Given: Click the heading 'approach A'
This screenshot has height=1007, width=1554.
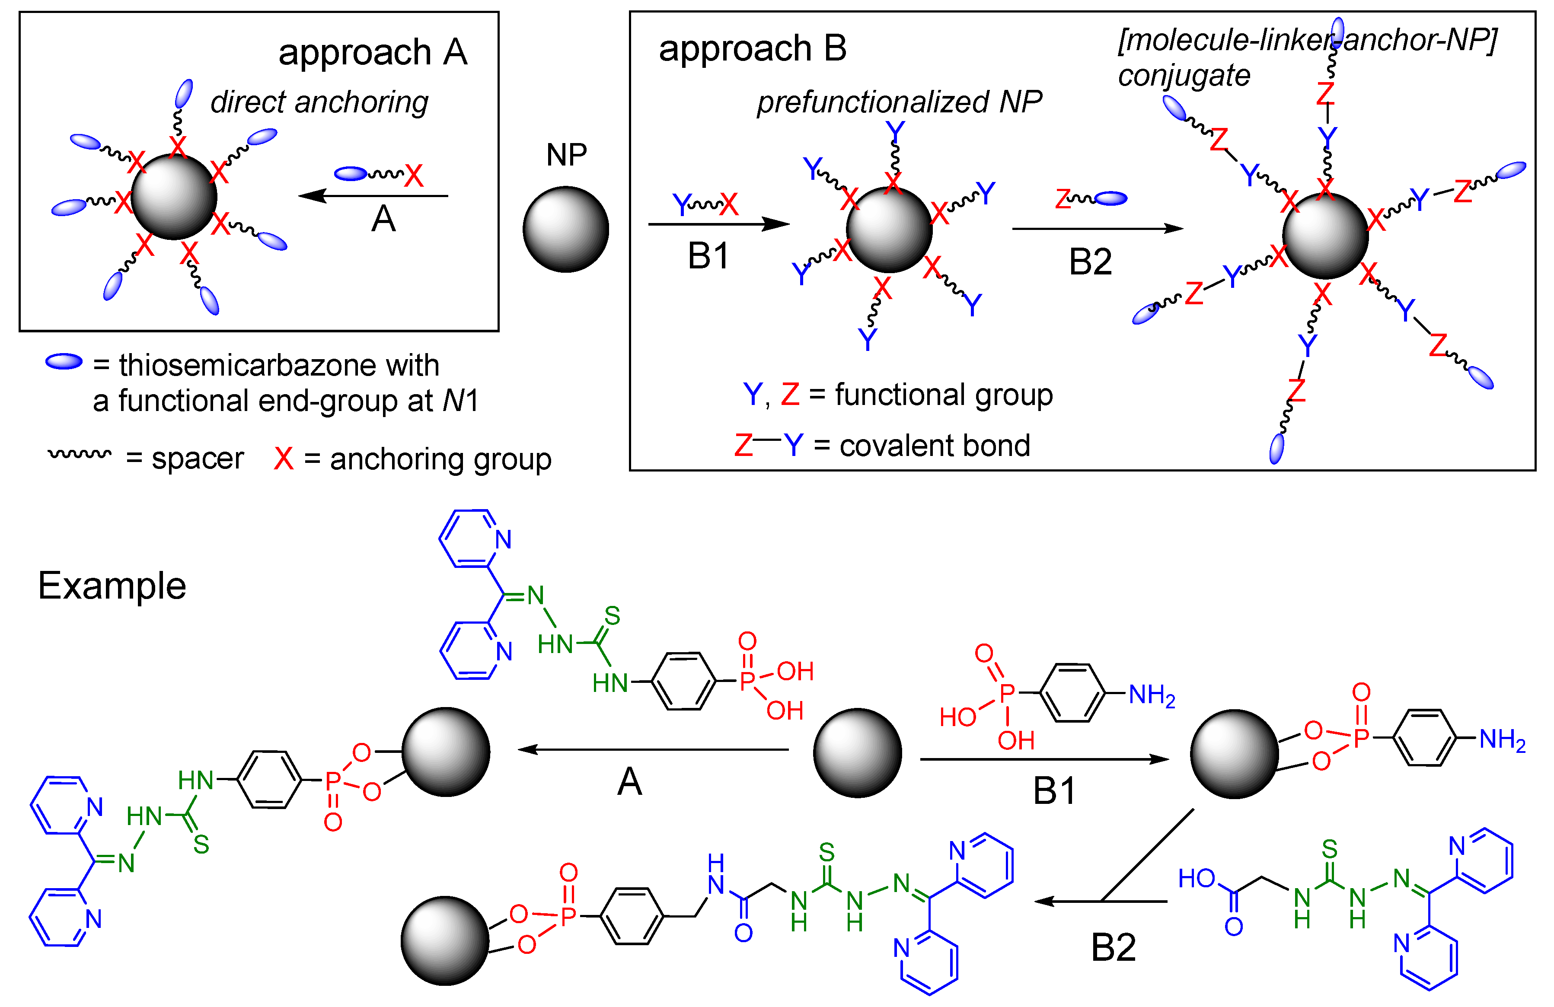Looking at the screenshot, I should [372, 52].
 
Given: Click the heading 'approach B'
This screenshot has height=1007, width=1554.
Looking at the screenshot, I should [752, 48].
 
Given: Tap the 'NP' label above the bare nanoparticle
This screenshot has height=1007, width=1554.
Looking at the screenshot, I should [566, 155].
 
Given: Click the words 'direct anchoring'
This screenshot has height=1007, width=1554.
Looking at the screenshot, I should [319, 102].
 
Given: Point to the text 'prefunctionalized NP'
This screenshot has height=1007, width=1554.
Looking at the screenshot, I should [899, 102].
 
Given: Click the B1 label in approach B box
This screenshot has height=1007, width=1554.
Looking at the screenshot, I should [708, 256].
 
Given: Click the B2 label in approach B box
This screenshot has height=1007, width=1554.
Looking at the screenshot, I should [1090, 262].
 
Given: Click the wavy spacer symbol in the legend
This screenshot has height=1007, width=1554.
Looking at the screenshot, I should [80, 453].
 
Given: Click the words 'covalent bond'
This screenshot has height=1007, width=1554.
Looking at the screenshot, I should [935, 446].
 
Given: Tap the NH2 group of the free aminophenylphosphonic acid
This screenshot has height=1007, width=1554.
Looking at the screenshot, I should [1152, 696].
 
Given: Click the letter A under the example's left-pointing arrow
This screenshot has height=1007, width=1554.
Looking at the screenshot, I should [629, 782].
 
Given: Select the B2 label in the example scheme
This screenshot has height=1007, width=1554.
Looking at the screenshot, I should [1113, 948].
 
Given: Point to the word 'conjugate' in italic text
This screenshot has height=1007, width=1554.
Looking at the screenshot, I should [1183, 76].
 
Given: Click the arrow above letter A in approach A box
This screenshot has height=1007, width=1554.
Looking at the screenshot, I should [372, 196].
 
